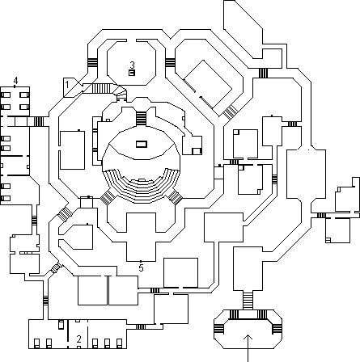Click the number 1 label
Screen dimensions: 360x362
[x=67, y=85]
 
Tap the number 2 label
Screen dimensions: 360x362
[x=78, y=339]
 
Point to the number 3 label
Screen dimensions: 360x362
[x=132, y=65]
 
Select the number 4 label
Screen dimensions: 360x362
[x=15, y=81]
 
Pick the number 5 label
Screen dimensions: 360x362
[x=141, y=268]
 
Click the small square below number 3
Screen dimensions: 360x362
[x=132, y=73]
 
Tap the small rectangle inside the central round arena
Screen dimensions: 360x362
[x=142, y=144]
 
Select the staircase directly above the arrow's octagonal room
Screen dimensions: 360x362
[x=248, y=301]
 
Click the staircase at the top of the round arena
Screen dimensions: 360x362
[x=141, y=119]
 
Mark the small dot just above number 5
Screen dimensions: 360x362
[x=141, y=261]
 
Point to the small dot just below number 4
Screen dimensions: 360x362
[x=15, y=86]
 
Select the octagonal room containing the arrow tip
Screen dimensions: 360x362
[x=248, y=329]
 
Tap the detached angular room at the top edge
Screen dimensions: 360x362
[x=243, y=29]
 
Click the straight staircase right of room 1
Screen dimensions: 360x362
[x=101, y=88]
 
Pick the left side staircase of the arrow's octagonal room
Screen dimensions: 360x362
[x=219, y=329]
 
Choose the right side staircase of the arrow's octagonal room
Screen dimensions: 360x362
[x=277, y=329]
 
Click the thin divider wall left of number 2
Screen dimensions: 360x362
[x=68, y=334]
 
